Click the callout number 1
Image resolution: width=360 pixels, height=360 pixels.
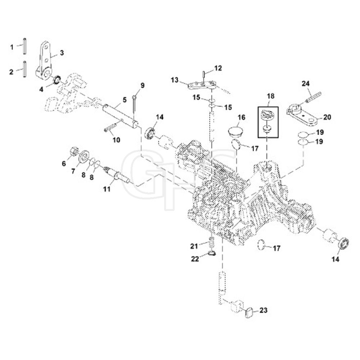coord(12,47)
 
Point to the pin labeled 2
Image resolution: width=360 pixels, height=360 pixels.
coord(24,69)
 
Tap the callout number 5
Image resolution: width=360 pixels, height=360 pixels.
coord(125,100)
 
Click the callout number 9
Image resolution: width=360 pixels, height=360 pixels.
coord(142,86)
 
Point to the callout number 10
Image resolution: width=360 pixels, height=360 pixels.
coord(116,140)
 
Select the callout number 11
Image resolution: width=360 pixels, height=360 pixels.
coord(107,189)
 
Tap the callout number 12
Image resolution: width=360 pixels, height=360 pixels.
coord(218,68)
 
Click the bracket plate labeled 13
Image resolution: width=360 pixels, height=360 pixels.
coord(202,85)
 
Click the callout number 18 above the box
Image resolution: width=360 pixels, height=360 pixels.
coord(271,96)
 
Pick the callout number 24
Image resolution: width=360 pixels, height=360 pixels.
coord(305,84)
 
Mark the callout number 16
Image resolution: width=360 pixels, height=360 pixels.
coord(241,117)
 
